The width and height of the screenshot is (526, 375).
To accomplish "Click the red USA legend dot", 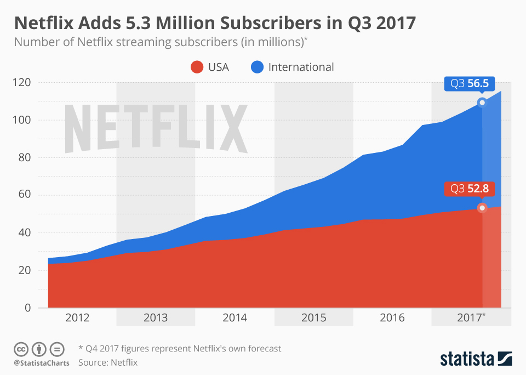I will [x=197, y=67].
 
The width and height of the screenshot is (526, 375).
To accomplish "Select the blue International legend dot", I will [x=258, y=67].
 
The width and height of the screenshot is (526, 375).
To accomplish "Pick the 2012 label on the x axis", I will [x=77, y=318].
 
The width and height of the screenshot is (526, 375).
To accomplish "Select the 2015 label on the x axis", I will [x=314, y=318].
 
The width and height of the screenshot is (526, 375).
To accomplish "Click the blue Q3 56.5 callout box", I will [x=470, y=84].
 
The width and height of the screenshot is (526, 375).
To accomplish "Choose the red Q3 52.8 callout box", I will [x=470, y=189].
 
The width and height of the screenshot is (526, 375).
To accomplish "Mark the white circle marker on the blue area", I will [x=482, y=103].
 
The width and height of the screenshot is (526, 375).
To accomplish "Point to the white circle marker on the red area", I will [x=482, y=208].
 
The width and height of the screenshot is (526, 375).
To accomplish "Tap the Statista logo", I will [x=476, y=359].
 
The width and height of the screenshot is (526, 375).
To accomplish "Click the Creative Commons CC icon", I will [x=21, y=348].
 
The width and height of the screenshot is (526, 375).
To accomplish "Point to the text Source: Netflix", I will [x=108, y=362].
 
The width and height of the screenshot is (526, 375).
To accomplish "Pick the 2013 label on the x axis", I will [x=156, y=318].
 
